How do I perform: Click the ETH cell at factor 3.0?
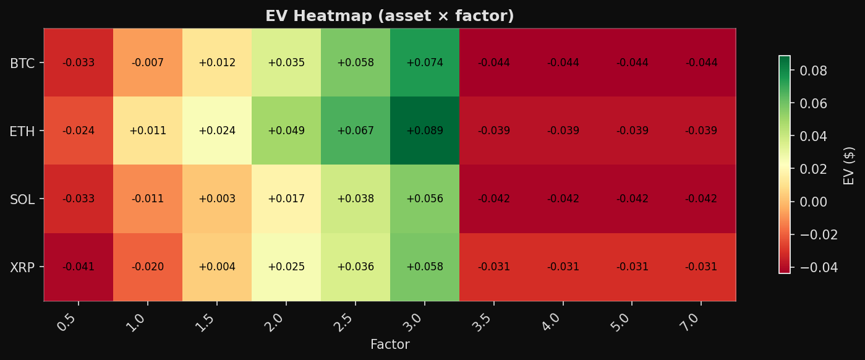pos(424,131)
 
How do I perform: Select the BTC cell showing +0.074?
pos(424,62)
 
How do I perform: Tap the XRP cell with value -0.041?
pos(79,267)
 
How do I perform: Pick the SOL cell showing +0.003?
pos(216,199)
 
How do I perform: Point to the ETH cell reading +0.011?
pos(147,131)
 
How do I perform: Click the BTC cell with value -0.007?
pos(147,62)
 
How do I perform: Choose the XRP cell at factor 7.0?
pos(701,267)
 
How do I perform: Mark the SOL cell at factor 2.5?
pos(355,199)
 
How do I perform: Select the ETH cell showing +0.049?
pos(286,131)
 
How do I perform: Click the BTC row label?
pos(22,63)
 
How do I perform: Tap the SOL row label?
pos(22,199)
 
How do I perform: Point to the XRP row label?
pos(22,267)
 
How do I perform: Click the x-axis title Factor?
pos(390,345)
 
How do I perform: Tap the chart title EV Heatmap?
pos(390,16)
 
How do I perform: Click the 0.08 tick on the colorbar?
pos(813,71)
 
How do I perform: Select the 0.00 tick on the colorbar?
pos(813,202)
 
